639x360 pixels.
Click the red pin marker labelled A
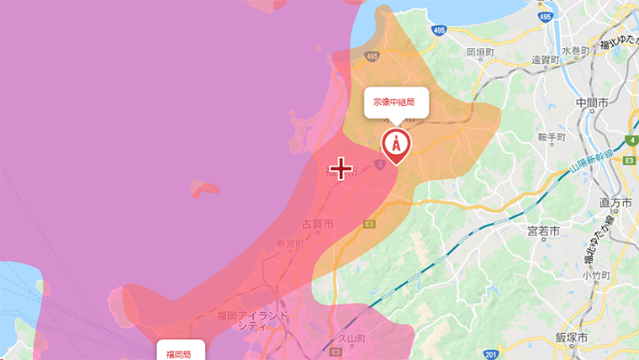pos(396,144)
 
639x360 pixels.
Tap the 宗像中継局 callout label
pos(396,102)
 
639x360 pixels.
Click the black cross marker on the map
pos(341,169)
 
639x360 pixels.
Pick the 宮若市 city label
pos(543,230)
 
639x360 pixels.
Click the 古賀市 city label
pos(318,225)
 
